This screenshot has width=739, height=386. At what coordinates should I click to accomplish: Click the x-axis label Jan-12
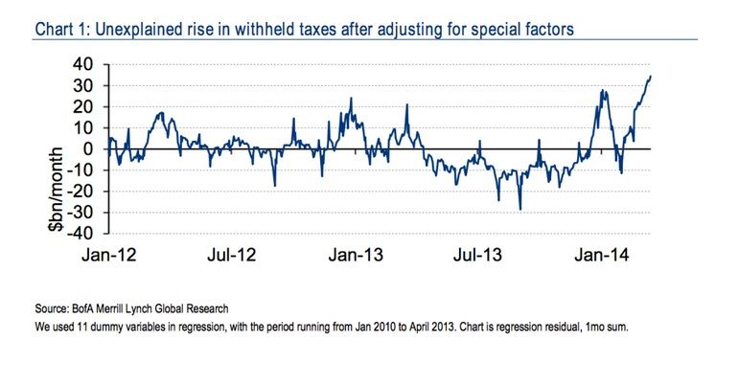[x=107, y=256]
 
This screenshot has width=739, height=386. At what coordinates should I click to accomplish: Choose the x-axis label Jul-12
[x=232, y=256]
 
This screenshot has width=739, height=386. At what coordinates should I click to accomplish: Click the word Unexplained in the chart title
[x=151, y=30]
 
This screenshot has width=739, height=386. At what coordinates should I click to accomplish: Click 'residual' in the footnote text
[x=555, y=327]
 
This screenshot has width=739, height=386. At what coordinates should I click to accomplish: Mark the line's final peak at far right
[x=651, y=76]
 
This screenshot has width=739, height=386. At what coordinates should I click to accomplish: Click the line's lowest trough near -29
[x=520, y=210]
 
